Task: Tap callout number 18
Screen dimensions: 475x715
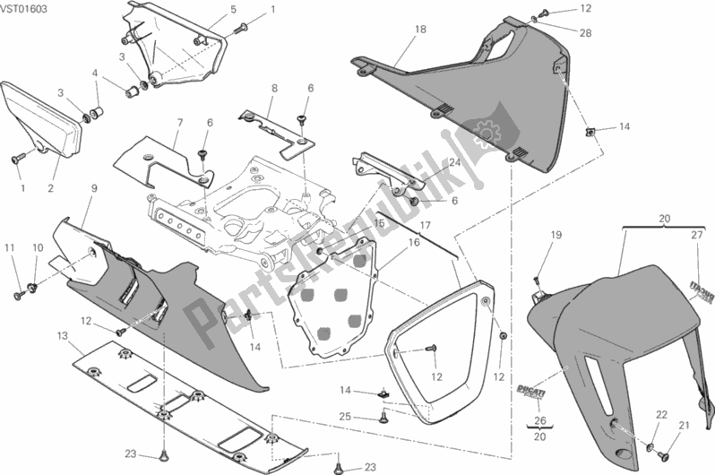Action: click(420, 30)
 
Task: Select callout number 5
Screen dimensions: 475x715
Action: click(208, 10)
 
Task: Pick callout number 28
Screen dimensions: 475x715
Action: click(585, 33)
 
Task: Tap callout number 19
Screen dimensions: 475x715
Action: click(555, 235)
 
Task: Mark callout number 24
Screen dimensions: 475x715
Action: click(455, 163)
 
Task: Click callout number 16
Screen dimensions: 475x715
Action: click(415, 242)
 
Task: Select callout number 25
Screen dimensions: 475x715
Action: click(344, 416)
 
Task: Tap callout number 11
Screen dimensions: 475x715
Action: click(10, 247)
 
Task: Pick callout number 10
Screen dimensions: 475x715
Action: click(39, 247)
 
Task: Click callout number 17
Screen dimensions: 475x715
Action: click(426, 225)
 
